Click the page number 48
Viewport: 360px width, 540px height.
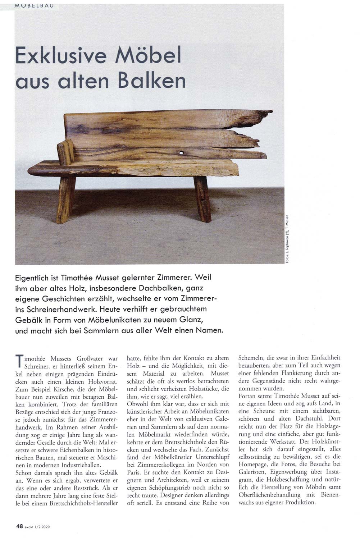point(19,526)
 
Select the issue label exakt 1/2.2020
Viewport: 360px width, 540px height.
point(38,526)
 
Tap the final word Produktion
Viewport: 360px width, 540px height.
point(297,503)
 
